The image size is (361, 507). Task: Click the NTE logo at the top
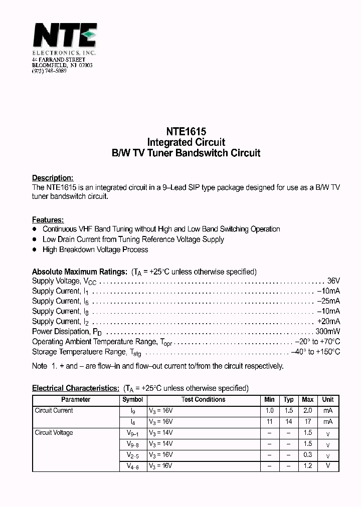64,36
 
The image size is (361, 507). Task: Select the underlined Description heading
53,178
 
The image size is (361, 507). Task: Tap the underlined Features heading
48,220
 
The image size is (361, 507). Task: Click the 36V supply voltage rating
333,281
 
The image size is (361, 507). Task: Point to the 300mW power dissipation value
327,332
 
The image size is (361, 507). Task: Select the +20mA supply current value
328,322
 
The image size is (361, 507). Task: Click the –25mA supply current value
328,301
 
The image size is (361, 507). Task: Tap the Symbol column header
133,400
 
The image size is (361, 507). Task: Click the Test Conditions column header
203,400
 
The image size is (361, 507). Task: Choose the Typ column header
288,400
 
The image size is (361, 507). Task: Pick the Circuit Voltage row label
54,433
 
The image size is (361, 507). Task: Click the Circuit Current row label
54,411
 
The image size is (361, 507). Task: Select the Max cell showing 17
308,422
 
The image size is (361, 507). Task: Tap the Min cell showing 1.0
269,411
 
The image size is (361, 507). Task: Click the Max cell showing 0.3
308,455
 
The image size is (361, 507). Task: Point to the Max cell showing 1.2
308,466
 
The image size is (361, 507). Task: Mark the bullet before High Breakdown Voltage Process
35,249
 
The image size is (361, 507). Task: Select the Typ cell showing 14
288,422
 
